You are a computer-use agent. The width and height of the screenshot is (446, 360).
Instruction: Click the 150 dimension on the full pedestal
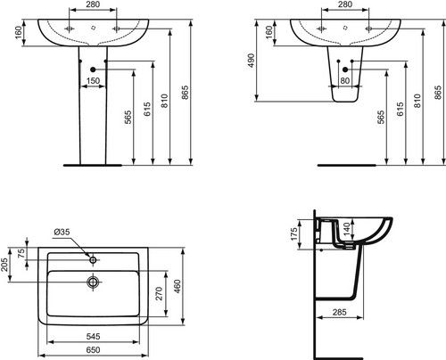tap(93, 81)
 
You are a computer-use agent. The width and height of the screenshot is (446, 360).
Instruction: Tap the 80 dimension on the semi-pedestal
tap(345, 81)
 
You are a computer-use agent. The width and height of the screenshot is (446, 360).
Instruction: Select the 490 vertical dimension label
tap(252, 61)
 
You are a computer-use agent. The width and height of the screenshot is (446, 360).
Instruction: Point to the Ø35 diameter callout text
tap(62, 232)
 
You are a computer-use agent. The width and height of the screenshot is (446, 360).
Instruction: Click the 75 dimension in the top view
tap(21, 254)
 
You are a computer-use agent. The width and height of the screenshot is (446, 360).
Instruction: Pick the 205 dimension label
tap(4, 265)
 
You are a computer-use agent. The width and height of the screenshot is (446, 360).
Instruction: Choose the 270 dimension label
tap(160, 293)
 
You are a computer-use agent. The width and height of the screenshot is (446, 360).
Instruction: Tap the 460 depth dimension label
tap(178, 286)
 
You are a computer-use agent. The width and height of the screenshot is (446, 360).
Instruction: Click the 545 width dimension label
tap(93, 337)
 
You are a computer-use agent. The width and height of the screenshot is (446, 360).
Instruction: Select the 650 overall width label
tap(93, 350)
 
